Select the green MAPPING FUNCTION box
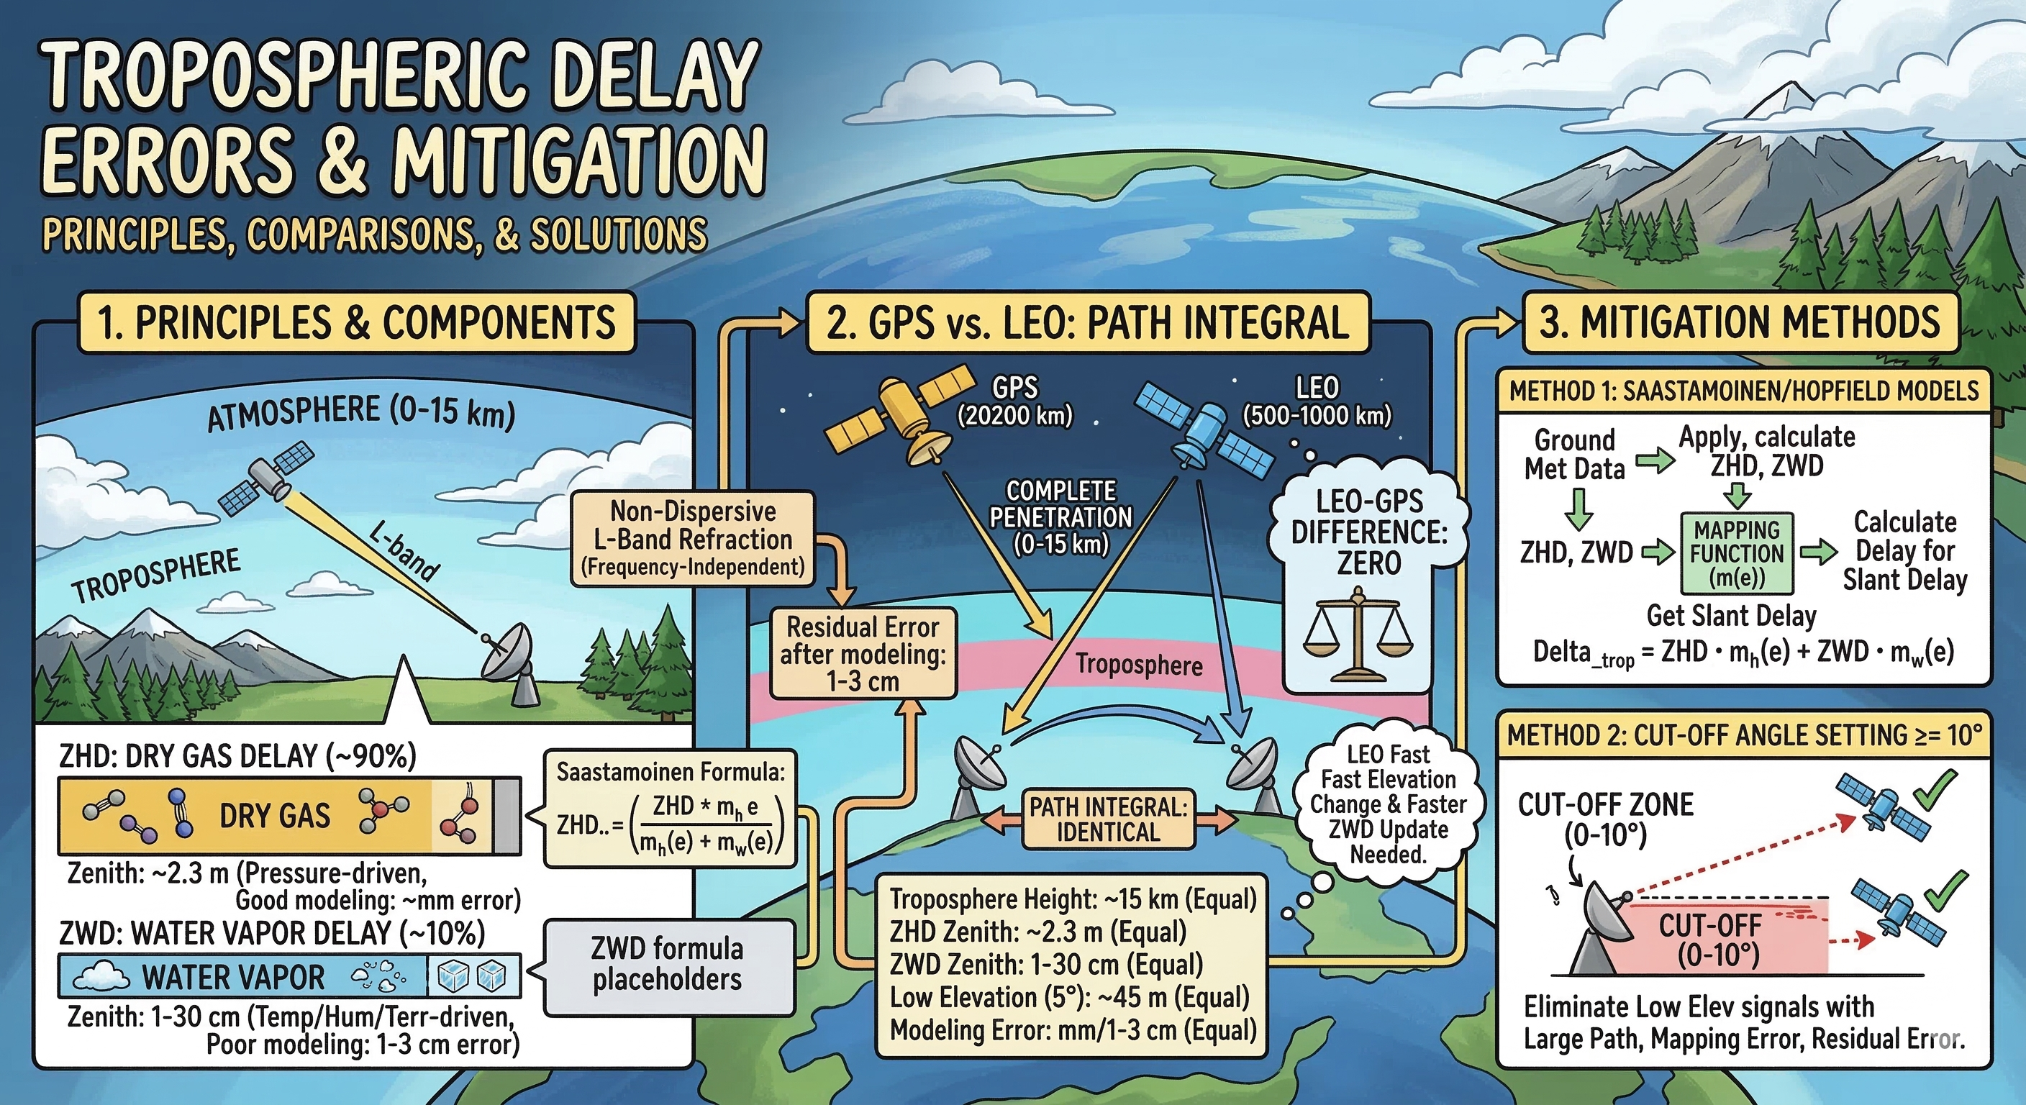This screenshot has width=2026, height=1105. point(1737,554)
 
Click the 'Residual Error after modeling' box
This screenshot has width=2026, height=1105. point(863,652)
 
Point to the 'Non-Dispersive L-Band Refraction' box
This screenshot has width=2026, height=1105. point(692,540)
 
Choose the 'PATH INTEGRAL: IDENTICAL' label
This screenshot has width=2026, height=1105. point(1107,819)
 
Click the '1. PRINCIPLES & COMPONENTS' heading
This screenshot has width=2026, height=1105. point(355,322)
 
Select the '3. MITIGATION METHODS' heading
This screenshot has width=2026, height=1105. point(1740,322)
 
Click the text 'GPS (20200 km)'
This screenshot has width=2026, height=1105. point(1014,401)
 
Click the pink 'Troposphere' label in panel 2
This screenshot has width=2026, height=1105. point(1139,665)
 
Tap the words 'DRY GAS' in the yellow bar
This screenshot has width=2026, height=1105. point(275,816)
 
